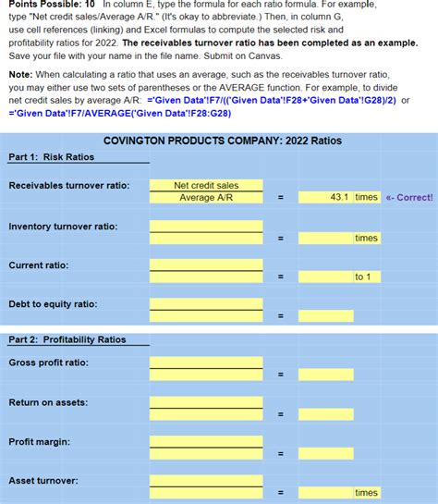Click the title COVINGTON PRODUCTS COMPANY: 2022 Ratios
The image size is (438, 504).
click(x=222, y=141)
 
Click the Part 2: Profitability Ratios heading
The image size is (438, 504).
click(x=67, y=339)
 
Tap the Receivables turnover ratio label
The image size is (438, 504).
click(x=69, y=186)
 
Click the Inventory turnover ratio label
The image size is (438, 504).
click(x=63, y=227)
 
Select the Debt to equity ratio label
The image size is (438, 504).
click(x=53, y=304)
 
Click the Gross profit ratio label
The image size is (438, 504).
click(x=49, y=362)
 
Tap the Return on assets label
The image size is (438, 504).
click(x=50, y=402)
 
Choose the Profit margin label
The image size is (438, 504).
click(x=39, y=442)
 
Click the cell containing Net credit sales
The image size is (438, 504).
click(x=206, y=186)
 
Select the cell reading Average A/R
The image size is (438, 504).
click(x=206, y=197)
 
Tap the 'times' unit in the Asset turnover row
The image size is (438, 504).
click(x=367, y=493)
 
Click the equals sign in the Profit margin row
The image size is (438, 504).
click(x=280, y=453)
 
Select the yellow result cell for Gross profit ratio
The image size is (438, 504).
click(x=325, y=375)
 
